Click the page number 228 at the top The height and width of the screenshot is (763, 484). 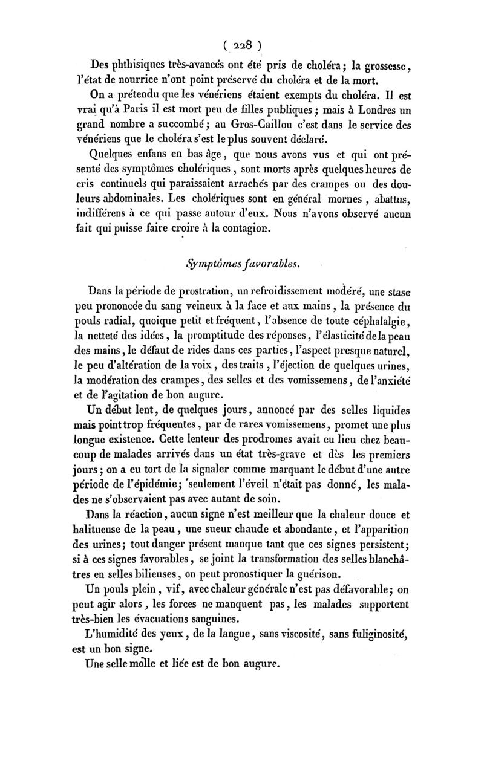tap(241, 45)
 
